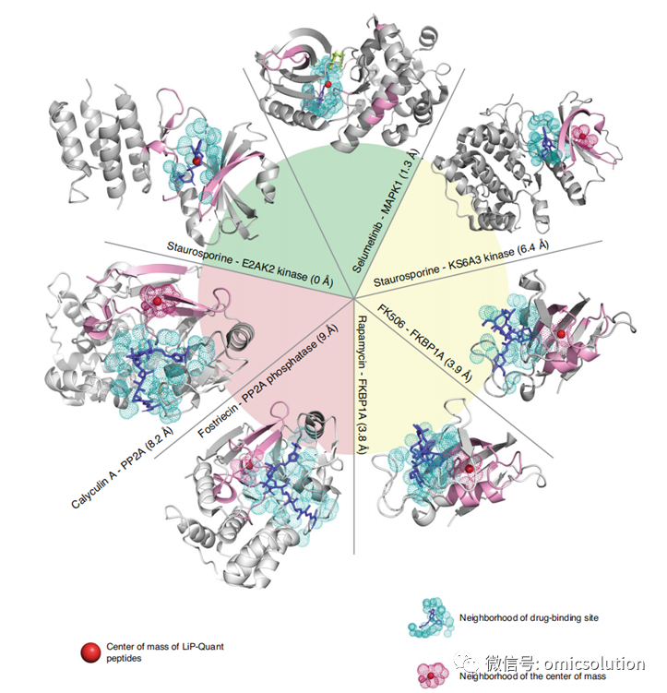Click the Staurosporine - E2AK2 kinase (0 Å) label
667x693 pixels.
click(x=250, y=264)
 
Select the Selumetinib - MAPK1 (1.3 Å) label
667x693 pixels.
click(x=385, y=210)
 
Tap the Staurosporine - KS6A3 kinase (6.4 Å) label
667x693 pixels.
click(x=461, y=263)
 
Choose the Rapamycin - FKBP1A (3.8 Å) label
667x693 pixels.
click(x=362, y=385)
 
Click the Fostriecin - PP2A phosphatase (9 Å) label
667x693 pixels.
click(x=268, y=380)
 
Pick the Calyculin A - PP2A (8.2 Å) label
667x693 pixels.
click(x=123, y=467)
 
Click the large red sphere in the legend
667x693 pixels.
click(x=91, y=652)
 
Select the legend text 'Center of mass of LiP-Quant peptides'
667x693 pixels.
click(x=165, y=652)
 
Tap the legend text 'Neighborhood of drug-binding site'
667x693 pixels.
click(x=529, y=617)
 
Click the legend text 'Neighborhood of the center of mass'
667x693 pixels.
click(x=532, y=675)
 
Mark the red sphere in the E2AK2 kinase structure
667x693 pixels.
click(x=197, y=161)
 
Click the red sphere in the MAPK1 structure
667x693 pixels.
click(x=328, y=84)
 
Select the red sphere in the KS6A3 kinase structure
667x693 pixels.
click(x=583, y=137)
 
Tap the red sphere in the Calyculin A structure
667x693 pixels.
click(x=157, y=301)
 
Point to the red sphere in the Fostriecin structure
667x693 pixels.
click(x=250, y=465)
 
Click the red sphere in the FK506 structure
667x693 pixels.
click(x=561, y=334)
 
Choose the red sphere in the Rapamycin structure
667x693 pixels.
click(x=469, y=469)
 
